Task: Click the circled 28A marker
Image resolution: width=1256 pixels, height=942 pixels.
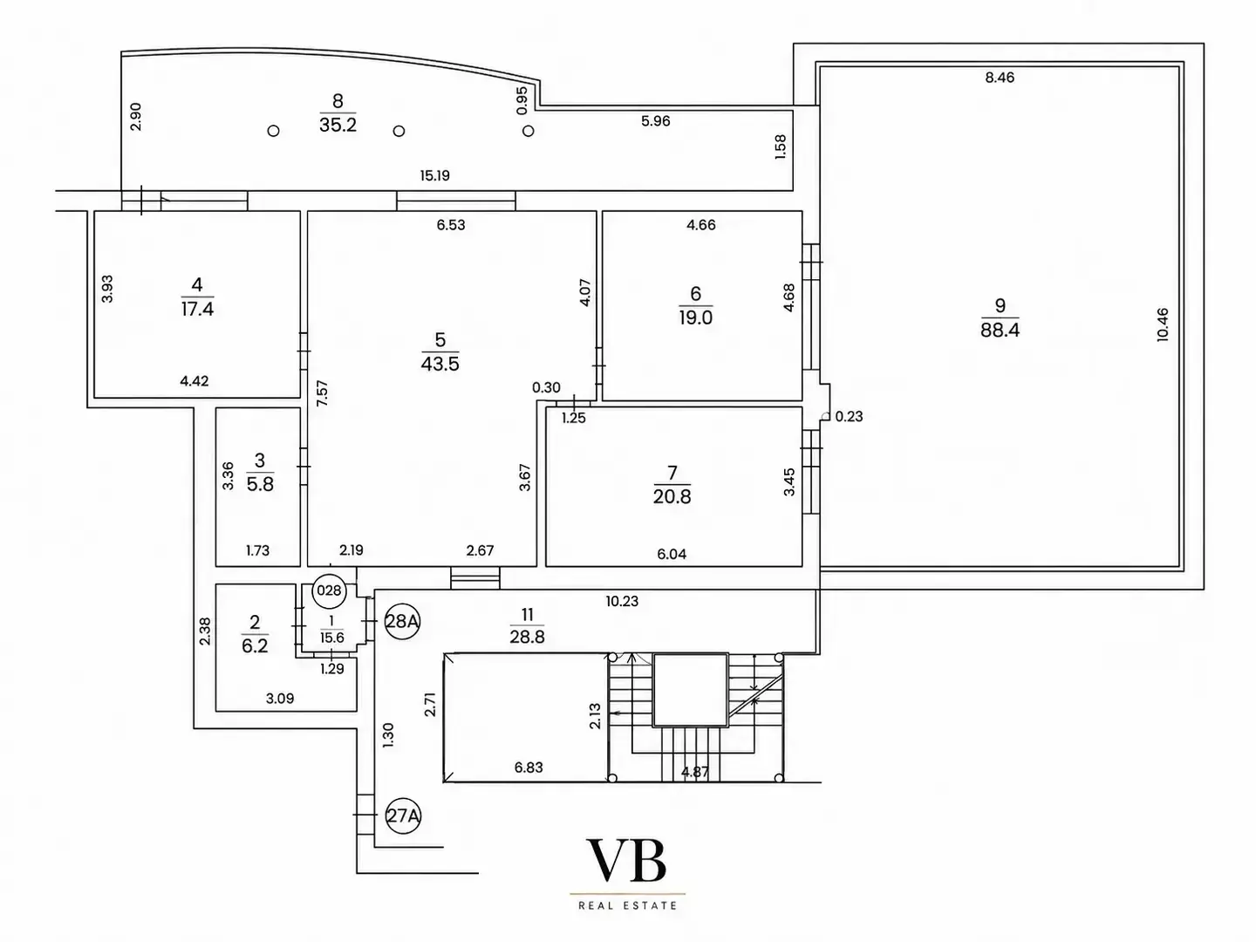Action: coord(402,621)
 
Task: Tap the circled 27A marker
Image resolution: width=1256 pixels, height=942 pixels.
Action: coord(403,815)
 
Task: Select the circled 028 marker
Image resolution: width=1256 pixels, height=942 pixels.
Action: coord(329,590)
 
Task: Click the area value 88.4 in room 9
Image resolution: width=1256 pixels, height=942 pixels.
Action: coord(1000,330)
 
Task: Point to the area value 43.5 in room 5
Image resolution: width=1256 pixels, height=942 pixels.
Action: coord(440,364)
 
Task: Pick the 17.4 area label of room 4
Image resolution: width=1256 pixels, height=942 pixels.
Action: coord(197,309)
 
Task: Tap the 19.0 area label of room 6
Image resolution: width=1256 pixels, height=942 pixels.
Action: coord(695,317)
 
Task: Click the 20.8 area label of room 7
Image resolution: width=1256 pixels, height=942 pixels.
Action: coord(672,496)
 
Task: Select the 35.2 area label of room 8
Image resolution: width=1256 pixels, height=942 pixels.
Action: coord(338,125)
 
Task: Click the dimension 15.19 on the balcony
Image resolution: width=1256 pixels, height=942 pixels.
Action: coord(435,175)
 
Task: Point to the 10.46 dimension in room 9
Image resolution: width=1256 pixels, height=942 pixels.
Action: coord(1163,324)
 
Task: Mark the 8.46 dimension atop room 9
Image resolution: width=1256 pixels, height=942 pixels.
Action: coord(1000,78)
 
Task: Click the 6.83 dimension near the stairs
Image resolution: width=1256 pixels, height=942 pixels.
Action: coord(529,768)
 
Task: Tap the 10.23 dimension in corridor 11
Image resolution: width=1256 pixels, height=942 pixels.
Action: coord(622,601)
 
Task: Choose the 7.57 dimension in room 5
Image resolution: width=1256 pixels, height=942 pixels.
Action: coord(322,393)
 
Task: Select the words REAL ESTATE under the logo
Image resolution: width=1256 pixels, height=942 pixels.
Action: coord(628,905)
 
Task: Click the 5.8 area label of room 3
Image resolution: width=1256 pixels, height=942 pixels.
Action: coord(260,484)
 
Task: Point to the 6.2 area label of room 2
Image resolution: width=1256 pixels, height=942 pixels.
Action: coord(255,645)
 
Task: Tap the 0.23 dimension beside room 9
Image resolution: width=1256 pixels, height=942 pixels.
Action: coord(849,416)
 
